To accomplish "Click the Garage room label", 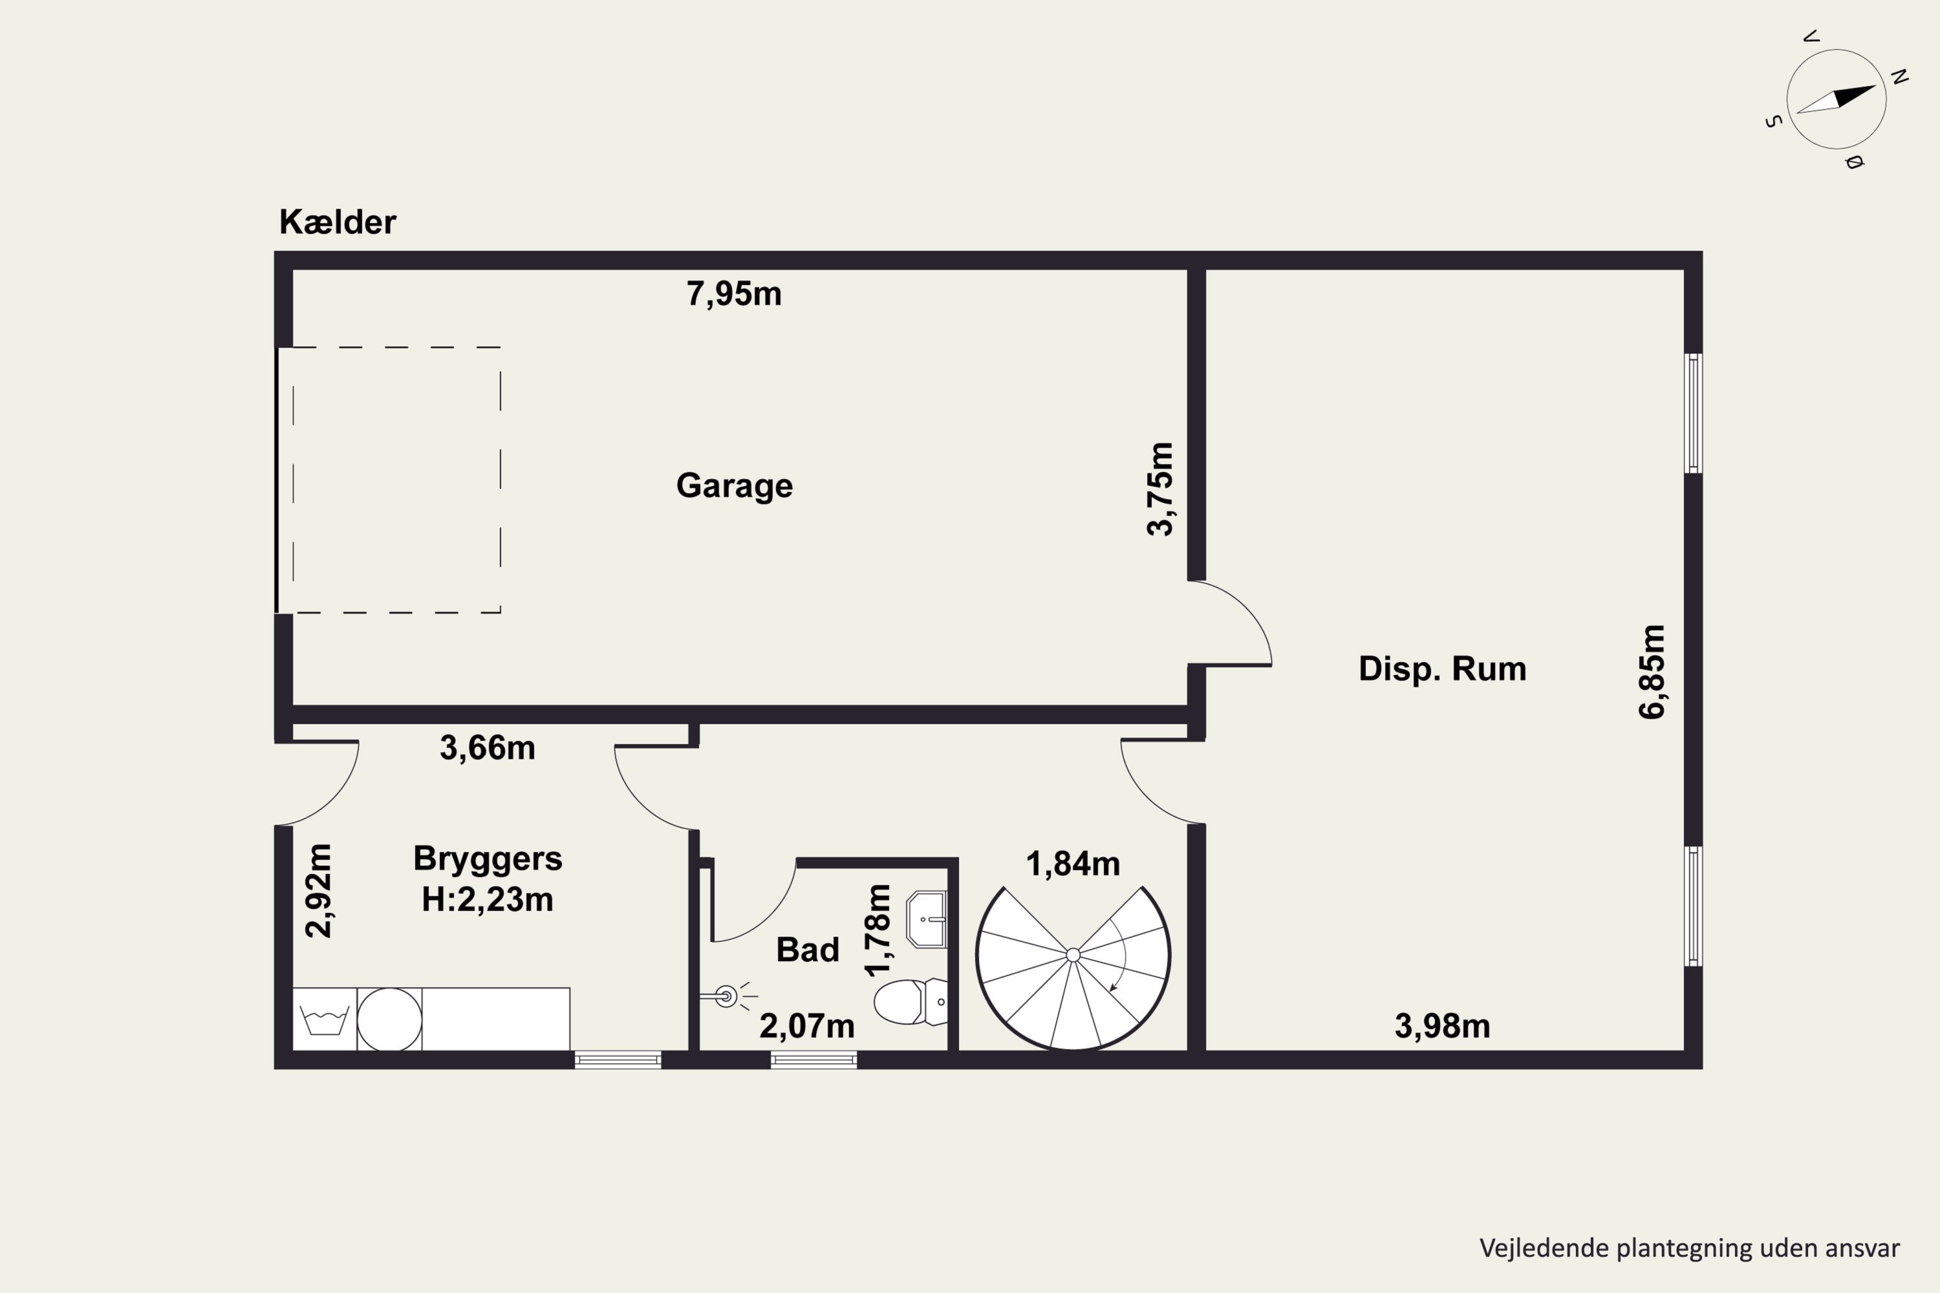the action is click(734, 486).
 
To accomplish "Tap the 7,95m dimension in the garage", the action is click(734, 294).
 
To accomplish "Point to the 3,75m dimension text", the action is click(1161, 489).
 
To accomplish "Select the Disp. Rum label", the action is click(1443, 668).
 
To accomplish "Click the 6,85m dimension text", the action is click(1652, 672).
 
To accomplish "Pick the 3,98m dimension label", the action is click(1443, 1027).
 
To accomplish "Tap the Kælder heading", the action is click(338, 222).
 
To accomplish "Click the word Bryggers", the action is click(488, 859).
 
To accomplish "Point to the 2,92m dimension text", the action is click(318, 891).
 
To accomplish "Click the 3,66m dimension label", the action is click(488, 748).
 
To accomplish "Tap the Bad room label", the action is click(808, 950).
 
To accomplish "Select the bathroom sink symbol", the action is click(926, 919).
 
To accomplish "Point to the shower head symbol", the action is click(726, 997).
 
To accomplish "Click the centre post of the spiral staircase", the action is click(1073, 955).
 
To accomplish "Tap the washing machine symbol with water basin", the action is click(325, 1020).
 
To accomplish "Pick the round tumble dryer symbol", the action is click(389, 1020).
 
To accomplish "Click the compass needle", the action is click(1836, 99).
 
